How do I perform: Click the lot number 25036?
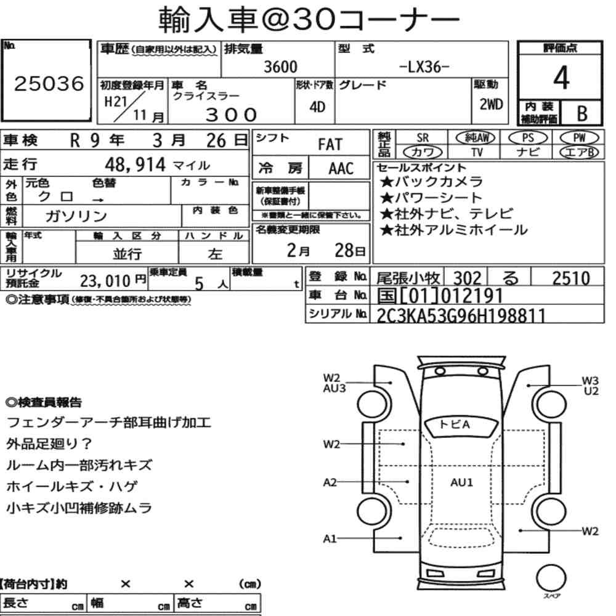pyautogui.click(x=49, y=84)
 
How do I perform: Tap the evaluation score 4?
pyautogui.click(x=561, y=78)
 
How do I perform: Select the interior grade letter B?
pyautogui.click(x=582, y=113)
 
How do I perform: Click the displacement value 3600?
pyautogui.click(x=280, y=67)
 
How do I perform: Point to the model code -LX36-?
pyautogui.click(x=424, y=67)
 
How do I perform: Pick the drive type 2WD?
pyautogui.click(x=491, y=104)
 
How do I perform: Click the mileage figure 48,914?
pyautogui.click(x=135, y=164)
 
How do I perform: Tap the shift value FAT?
pyautogui.click(x=330, y=145)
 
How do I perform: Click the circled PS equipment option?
pyautogui.click(x=528, y=138)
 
